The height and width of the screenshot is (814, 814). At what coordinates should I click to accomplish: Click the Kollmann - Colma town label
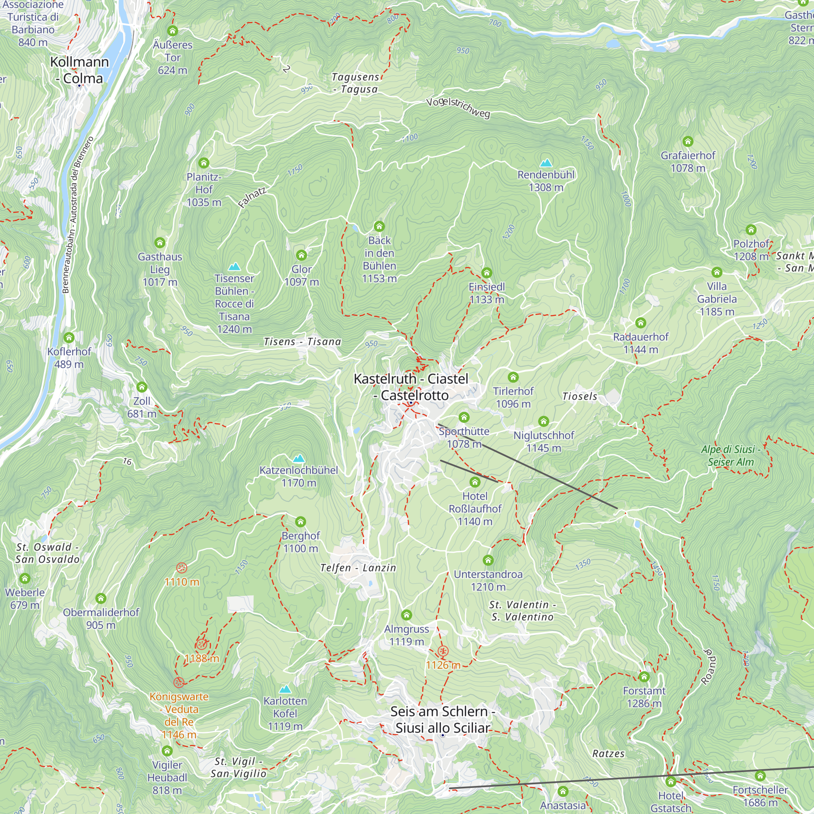pyautogui.click(x=79, y=70)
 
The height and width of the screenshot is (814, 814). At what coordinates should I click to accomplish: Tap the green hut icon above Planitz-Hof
pyautogui.click(x=204, y=163)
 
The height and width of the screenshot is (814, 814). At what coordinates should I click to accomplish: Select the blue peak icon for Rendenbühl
pyautogui.click(x=546, y=163)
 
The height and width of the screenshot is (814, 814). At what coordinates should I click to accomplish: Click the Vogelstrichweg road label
pyautogui.click(x=458, y=107)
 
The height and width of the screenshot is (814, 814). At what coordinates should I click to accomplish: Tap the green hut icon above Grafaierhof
pyautogui.click(x=687, y=141)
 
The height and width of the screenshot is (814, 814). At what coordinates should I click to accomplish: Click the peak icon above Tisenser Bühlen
pyautogui.click(x=234, y=266)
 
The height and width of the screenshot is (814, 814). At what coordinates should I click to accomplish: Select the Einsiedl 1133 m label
pyautogui.click(x=487, y=293)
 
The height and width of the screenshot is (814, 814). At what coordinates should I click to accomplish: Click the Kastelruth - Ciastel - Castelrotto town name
pyautogui.click(x=411, y=387)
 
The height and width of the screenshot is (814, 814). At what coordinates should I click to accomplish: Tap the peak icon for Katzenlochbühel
pyautogui.click(x=299, y=458)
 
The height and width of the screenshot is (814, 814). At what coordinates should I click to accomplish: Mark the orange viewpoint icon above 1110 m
pyautogui.click(x=182, y=567)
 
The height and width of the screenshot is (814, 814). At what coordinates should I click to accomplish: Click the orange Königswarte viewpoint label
pyautogui.click(x=179, y=716)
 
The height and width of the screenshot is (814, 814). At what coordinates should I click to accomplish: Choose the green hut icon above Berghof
pyautogui.click(x=300, y=522)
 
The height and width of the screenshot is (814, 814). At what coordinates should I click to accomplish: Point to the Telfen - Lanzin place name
pyautogui.click(x=358, y=568)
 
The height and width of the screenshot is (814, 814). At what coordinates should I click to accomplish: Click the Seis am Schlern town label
pyautogui.click(x=442, y=719)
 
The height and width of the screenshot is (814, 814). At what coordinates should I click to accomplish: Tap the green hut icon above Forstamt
pyautogui.click(x=644, y=677)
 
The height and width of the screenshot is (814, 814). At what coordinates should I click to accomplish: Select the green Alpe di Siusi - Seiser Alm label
pyautogui.click(x=731, y=455)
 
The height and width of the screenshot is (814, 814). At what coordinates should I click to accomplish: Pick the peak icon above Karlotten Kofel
pyautogui.click(x=285, y=689)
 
